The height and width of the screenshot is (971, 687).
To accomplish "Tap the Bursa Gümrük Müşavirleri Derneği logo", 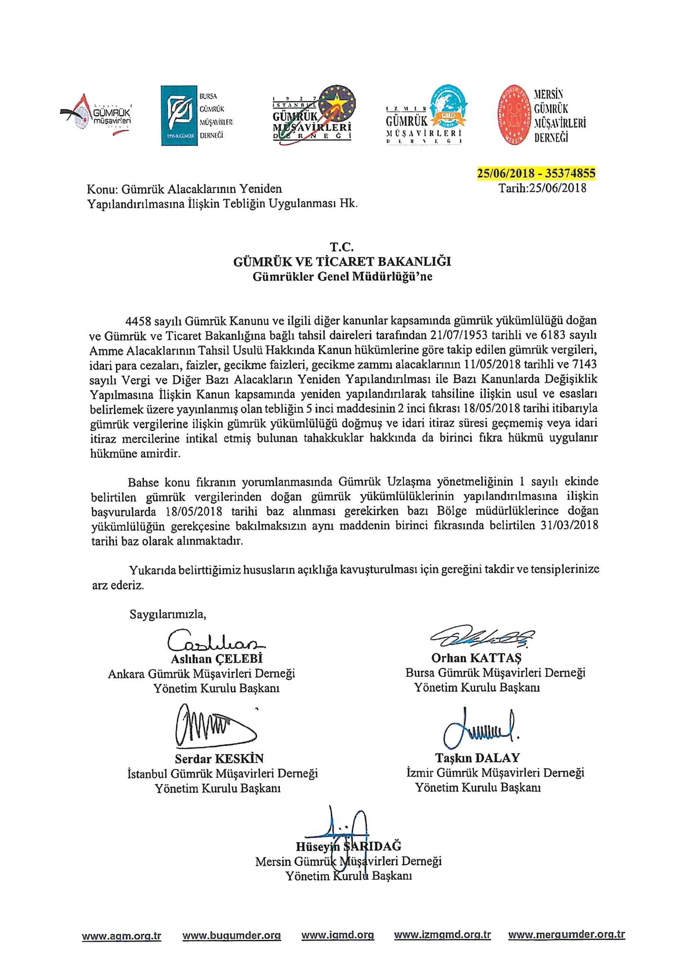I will coord(196,115).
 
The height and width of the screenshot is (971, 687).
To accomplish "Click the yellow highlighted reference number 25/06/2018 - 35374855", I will coord(536,173).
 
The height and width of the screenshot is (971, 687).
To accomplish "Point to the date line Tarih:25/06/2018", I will coord(542,188).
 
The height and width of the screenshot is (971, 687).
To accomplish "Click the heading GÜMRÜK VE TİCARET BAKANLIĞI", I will coord(342,262).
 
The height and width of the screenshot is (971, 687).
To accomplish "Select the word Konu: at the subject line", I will coord(102,189).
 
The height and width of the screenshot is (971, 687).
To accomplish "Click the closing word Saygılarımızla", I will coord(168,615).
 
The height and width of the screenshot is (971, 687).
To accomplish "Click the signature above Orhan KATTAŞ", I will coord(481,636).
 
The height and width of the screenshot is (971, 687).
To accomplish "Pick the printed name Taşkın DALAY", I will coord(477,758).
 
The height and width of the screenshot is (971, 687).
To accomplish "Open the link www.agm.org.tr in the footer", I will coord(121,936).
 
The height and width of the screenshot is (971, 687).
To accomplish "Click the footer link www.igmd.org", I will coord(338,935).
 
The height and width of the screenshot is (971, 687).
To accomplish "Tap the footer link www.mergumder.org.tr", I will coord(567,935).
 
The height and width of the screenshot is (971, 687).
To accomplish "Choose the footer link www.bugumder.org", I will coord(231,936).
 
